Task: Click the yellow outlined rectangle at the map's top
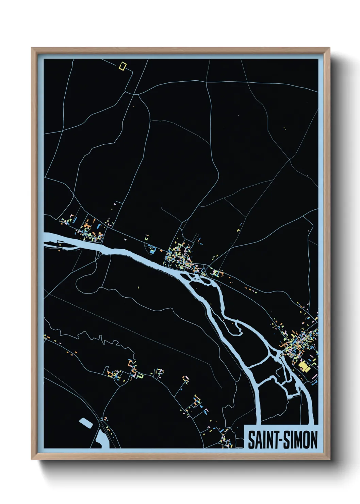tap(122, 66)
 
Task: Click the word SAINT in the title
tap(262, 440)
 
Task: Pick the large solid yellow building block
tap(303, 367)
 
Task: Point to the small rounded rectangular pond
tap(86, 423)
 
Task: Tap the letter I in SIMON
tap(291, 440)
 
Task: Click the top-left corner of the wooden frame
tap(32, 48)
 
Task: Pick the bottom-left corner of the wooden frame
tap(32, 459)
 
